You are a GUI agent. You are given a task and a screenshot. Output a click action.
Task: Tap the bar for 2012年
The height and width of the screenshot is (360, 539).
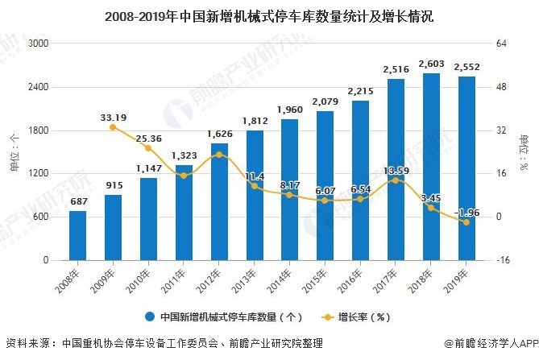point(219,201)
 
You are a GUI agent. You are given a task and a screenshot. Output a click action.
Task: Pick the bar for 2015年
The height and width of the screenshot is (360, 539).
point(325,185)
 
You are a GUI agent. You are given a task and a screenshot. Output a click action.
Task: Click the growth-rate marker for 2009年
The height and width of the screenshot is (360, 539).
point(113,127)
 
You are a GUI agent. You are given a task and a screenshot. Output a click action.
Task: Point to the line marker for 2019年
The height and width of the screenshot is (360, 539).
point(466,222)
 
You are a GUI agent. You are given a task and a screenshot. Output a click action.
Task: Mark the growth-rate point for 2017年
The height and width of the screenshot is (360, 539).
point(396,180)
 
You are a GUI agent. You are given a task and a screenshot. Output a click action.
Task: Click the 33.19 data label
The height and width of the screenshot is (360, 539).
point(114,118)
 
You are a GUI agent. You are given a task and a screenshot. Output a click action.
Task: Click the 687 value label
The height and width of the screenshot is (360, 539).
point(77,201)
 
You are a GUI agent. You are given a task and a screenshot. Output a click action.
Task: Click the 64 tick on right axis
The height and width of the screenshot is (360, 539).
point(500,43)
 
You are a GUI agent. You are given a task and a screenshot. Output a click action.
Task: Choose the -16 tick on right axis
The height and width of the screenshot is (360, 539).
point(502,260)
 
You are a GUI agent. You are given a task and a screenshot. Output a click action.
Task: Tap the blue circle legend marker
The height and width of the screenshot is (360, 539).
point(150,317)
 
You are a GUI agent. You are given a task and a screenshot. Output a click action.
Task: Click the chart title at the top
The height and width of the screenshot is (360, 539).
point(269,15)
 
